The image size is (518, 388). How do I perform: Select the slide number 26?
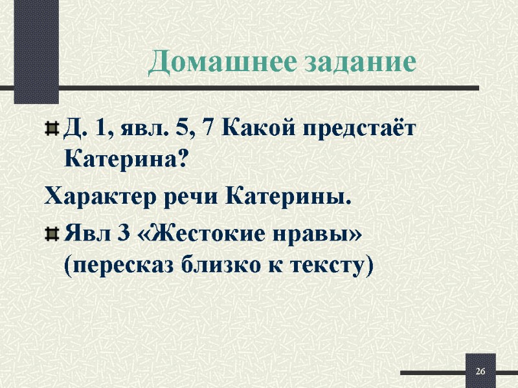tap(480, 372)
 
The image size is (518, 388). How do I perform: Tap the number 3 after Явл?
tap(120, 237)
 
